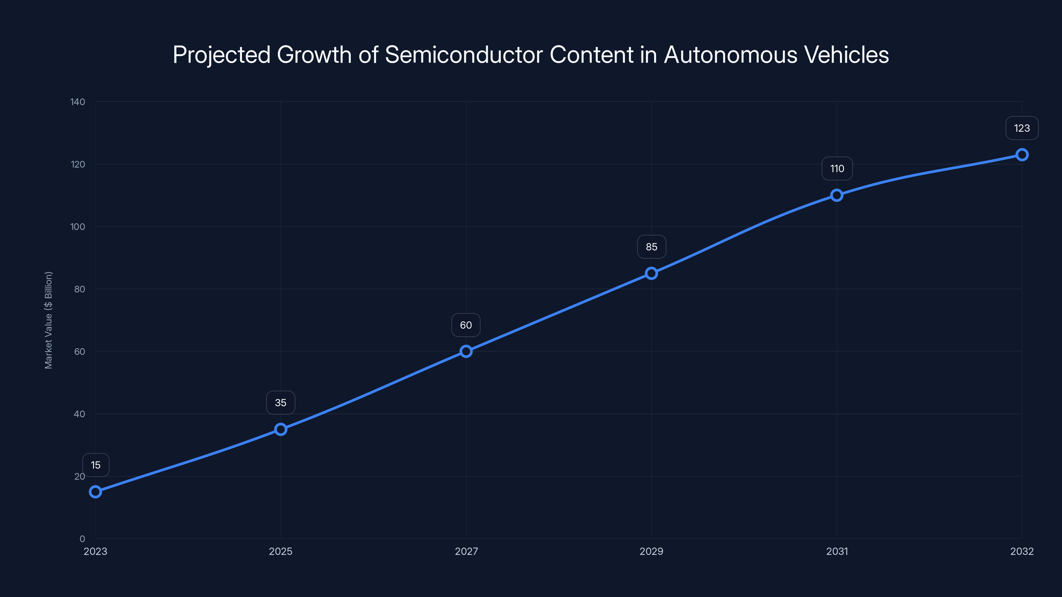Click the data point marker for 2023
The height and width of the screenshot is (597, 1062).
95,492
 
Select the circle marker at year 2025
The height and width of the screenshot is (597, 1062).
281,429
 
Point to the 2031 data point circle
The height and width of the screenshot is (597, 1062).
836,195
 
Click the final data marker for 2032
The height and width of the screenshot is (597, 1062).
1022,155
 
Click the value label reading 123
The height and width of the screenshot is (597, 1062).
1022,128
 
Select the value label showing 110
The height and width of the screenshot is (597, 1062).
837,168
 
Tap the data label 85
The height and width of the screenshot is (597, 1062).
651,247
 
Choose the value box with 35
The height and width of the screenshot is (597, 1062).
281,403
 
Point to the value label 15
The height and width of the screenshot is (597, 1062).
96,465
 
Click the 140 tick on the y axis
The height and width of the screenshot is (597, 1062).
78,102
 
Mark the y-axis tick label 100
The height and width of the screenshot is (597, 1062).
78,227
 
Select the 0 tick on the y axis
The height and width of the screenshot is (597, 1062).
82,539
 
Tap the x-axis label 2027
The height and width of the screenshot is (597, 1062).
466,551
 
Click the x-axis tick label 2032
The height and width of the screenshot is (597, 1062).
1022,551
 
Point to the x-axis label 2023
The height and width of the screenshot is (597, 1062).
95,551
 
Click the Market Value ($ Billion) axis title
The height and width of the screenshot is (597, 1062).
48,320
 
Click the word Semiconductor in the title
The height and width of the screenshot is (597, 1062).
463,55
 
